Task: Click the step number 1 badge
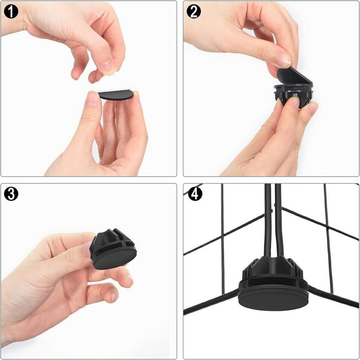pyautogui.click(x=11, y=12)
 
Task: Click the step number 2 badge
pyautogui.click(x=194, y=12)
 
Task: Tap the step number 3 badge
pyautogui.click(x=11, y=193)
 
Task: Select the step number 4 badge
pyautogui.click(x=195, y=193)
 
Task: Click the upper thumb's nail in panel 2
pyautogui.click(x=285, y=61)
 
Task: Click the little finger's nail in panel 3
pyautogui.click(x=113, y=296)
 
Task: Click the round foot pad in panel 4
pyautogui.click(x=273, y=300)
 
